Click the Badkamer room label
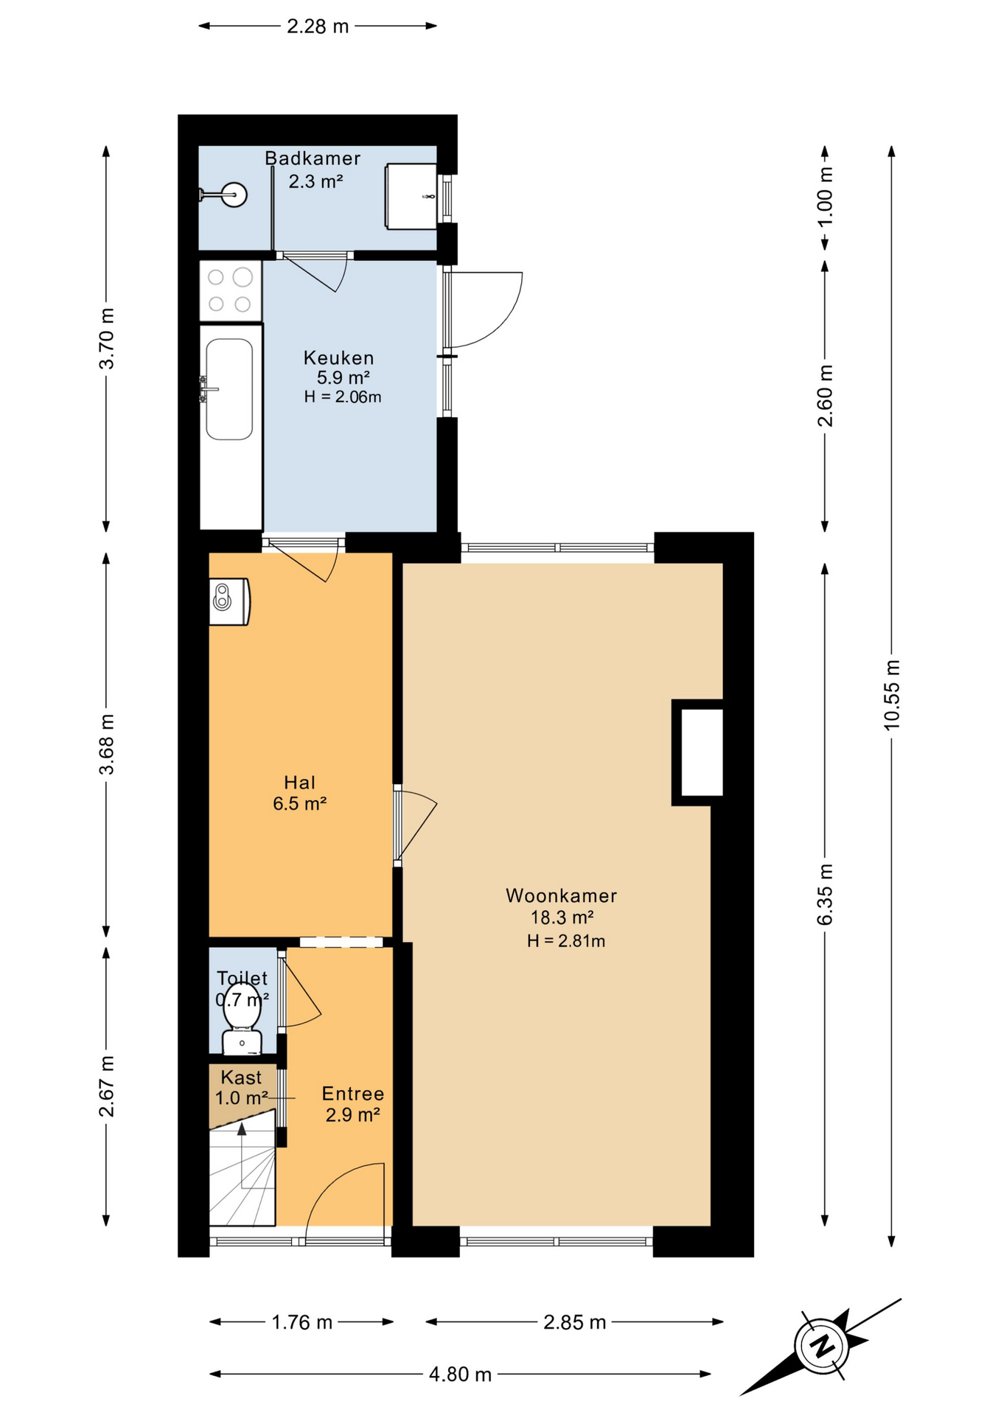pos(313,158)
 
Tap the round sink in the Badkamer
pos(234,195)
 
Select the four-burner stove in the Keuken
pos(230,290)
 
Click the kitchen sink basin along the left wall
pos(229,389)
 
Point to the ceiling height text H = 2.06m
pos(343,397)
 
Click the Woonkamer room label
pos(561,895)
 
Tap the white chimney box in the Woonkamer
pos(701,752)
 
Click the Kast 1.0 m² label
pos(241,1088)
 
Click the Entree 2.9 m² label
pos(353,1104)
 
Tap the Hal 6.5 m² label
pos(300,793)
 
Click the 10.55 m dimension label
pos(892,695)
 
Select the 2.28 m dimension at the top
pos(318,27)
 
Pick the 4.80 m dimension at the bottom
pos(460,1374)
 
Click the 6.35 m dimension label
pos(825,894)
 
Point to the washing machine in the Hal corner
pos(229,602)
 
